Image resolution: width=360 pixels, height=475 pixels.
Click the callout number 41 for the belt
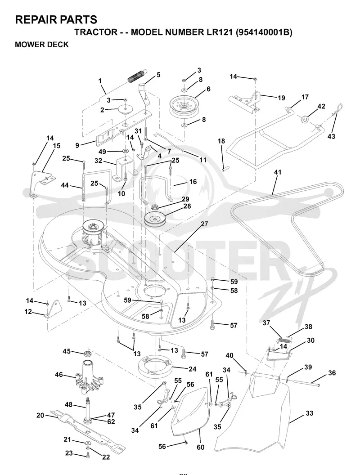[x=277, y=172]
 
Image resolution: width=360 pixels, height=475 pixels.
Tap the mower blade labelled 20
[x=88, y=430]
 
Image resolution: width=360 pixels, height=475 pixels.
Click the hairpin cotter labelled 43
[x=337, y=109]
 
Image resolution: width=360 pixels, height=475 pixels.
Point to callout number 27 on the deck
[x=205, y=224]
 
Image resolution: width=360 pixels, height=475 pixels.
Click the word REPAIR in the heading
[x=35, y=20]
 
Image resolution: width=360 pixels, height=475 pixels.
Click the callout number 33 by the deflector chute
[x=309, y=413]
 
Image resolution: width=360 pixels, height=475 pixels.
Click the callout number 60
[x=201, y=447]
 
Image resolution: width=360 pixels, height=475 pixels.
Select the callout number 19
[x=281, y=98]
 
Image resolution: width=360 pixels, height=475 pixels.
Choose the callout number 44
[x=64, y=185]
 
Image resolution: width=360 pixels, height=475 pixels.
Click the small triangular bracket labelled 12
[x=52, y=309]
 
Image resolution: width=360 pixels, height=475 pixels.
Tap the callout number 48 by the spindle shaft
[x=69, y=404]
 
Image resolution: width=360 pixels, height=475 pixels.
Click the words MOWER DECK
[x=42, y=45]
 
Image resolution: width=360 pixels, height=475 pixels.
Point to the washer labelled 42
[x=305, y=119]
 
